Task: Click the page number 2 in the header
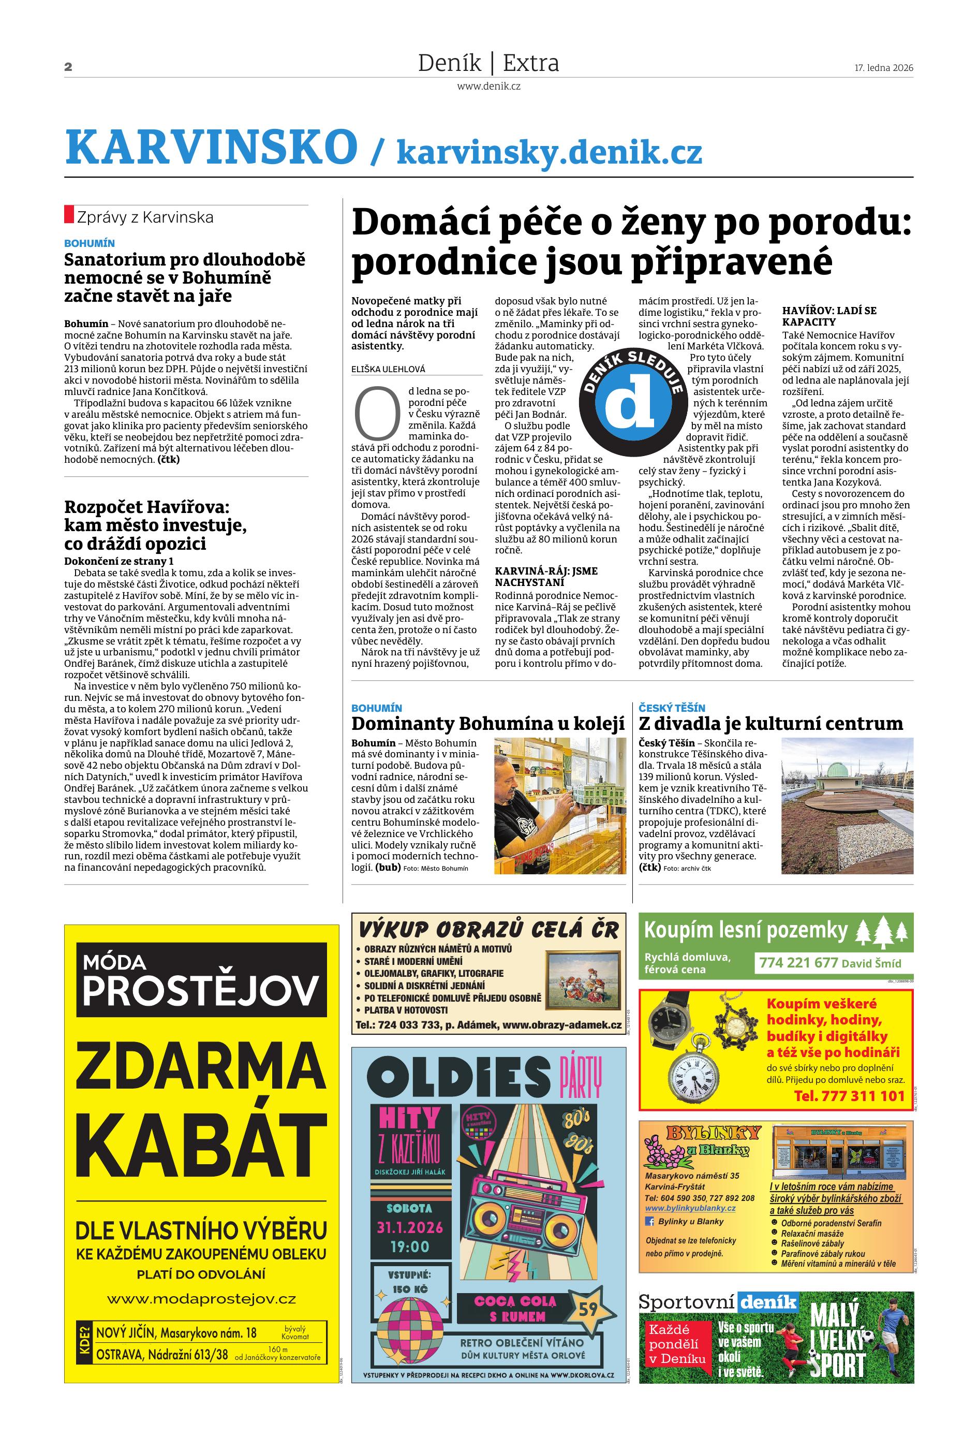pyautogui.click(x=68, y=67)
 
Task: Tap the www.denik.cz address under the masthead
pyautogui.click(x=488, y=86)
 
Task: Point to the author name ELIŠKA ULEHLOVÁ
pyautogui.click(x=388, y=369)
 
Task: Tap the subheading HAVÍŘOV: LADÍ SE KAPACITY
pyautogui.click(x=829, y=316)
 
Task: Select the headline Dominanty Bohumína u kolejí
pyautogui.click(x=488, y=724)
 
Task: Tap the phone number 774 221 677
pyautogui.click(x=798, y=963)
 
